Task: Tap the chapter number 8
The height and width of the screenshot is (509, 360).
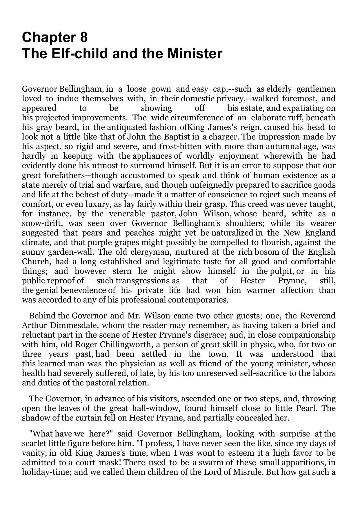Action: [x=83, y=37]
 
